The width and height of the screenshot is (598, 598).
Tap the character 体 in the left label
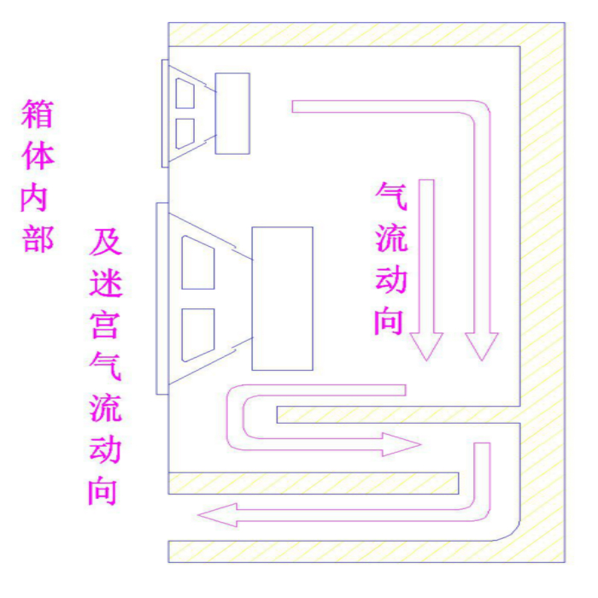pos(38,157)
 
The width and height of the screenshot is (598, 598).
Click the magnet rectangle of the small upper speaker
pos(232,114)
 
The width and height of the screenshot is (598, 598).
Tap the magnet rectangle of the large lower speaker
pos(282,298)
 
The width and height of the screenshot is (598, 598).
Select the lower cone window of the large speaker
pos(198,334)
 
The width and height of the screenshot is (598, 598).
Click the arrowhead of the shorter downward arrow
pos(426,344)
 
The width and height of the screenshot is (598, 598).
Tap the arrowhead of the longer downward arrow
pos(481,344)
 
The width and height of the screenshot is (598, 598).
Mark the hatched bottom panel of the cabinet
pos(342,551)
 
